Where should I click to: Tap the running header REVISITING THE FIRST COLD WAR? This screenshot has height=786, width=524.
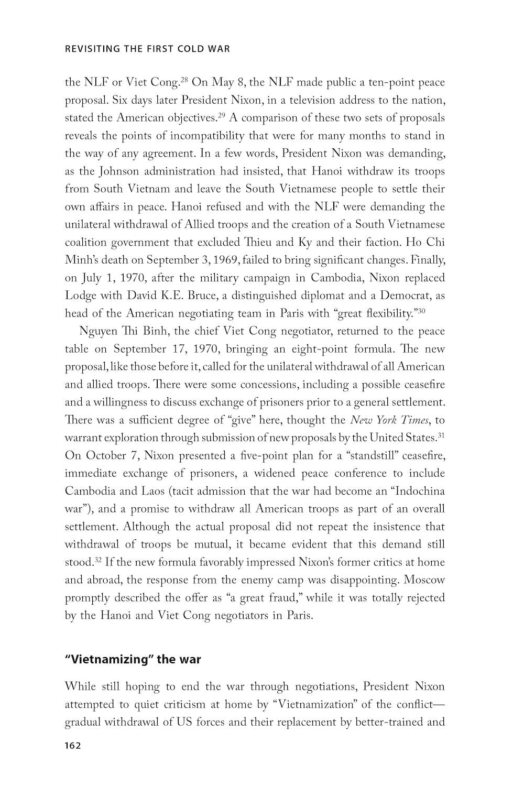147,49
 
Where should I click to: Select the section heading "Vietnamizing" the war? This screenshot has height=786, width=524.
133,659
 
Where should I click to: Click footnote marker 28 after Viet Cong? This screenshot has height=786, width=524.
184,80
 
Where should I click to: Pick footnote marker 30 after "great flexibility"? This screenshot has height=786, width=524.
421,311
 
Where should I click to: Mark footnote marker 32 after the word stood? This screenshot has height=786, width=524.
97,560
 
